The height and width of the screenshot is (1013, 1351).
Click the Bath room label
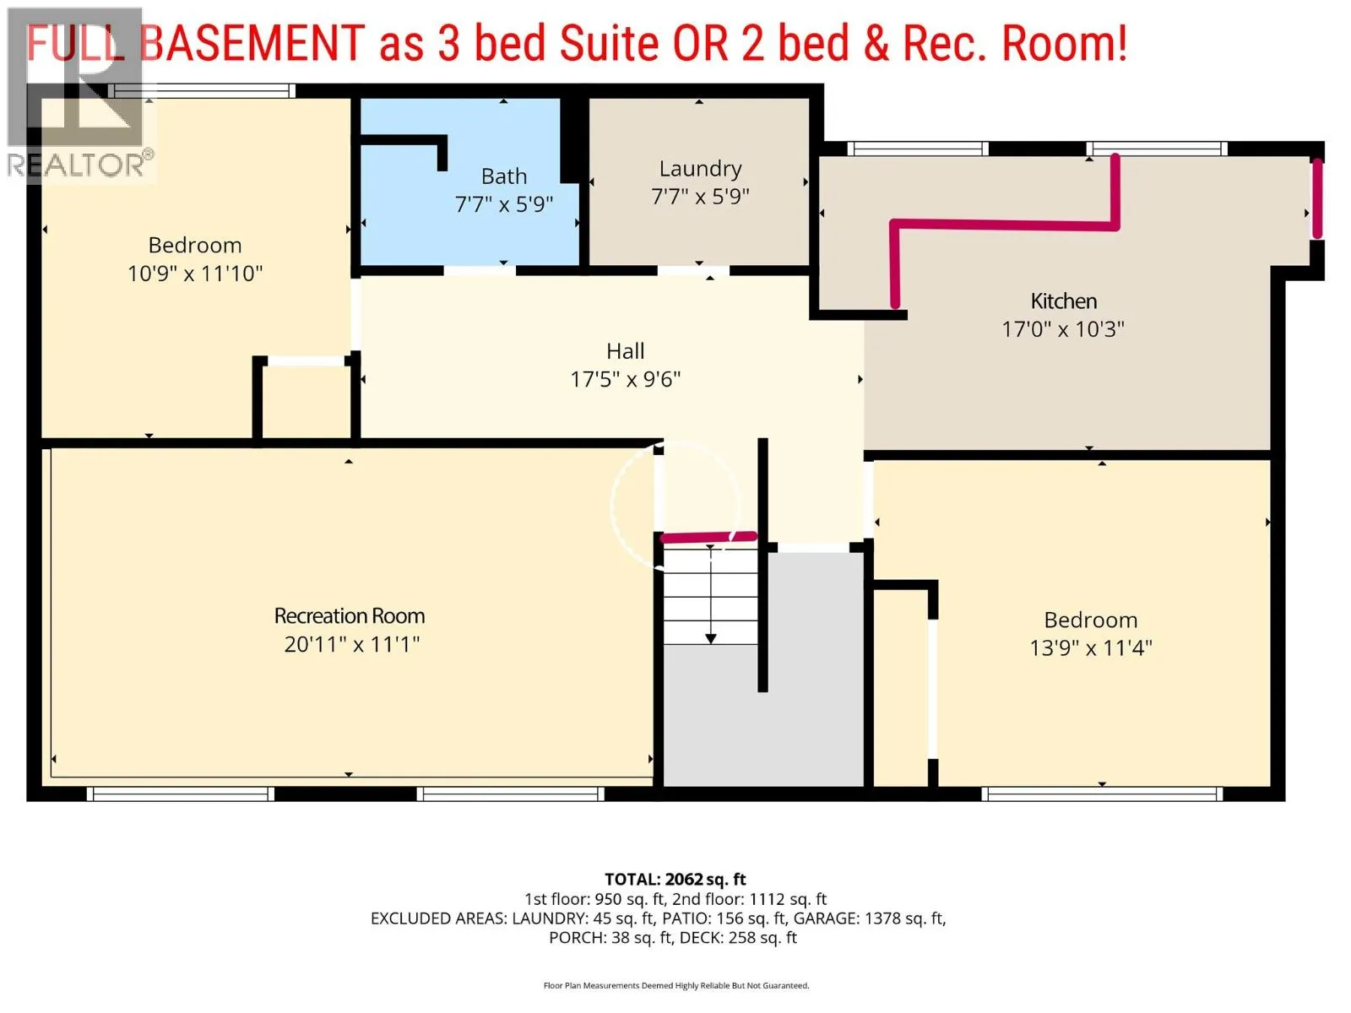pyautogui.click(x=503, y=176)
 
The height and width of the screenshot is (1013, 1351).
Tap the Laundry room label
pyautogui.click(x=700, y=169)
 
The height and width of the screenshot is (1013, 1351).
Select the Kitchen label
pyautogui.click(x=1063, y=301)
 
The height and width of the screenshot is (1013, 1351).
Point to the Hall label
pyautogui.click(x=626, y=351)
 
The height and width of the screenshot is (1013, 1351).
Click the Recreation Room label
pyautogui.click(x=349, y=615)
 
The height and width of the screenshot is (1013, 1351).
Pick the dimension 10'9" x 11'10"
pyautogui.click(x=194, y=274)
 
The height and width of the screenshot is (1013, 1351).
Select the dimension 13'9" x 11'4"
pyautogui.click(x=1091, y=648)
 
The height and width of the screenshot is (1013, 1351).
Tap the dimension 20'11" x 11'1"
pyautogui.click(x=351, y=645)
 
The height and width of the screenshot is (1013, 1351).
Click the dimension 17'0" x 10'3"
pyautogui.click(x=1063, y=330)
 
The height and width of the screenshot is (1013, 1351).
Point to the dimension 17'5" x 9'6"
pyautogui.click(x=626, y=380)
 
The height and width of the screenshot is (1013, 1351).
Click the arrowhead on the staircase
pyautogui.click(x=710, y=639)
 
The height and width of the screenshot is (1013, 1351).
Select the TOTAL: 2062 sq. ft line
pyautogui.click(x=675, y=879)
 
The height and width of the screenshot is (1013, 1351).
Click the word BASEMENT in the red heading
pyautogui.click(x=252, y=43)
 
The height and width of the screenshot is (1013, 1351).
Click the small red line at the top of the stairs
pyautogui.click(x=708, y=538)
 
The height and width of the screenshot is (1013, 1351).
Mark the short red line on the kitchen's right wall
pyautogui.click(x=1316, y=198)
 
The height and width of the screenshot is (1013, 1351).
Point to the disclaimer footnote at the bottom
pyautogui.click(x=675, y=985)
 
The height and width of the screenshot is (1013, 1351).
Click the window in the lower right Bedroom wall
pyautogui.click(x=1102, y=794)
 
